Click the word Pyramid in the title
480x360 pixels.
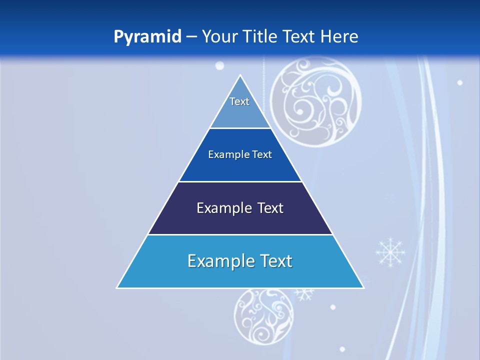147,37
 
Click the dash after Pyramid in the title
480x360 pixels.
191,37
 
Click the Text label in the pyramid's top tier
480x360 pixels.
239,101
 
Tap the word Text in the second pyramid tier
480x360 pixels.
262,154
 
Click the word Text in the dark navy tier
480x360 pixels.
270,208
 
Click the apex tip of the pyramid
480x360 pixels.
240,75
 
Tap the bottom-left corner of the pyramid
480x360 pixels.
117,287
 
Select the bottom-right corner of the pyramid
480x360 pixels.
363,287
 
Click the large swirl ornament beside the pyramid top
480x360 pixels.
315,102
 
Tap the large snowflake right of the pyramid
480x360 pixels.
390,252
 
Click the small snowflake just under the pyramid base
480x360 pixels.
303,293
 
